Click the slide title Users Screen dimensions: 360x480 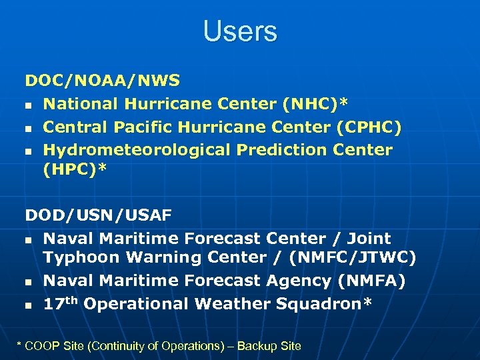tap(240, 31)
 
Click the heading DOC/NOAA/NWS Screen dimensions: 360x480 tap(103, 81)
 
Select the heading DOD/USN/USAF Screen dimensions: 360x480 tap(99, 215)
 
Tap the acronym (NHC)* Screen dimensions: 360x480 tap(315, 104)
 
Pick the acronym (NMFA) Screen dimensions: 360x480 tap(370, 281)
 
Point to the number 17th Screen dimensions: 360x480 tap(61, 303)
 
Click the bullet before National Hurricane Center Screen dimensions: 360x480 tap(29, 105)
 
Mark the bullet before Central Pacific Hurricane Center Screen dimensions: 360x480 tap(29, 128)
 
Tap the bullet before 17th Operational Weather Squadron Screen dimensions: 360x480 tap(29, 305)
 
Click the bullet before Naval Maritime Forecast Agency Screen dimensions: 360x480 tap(29, 282)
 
